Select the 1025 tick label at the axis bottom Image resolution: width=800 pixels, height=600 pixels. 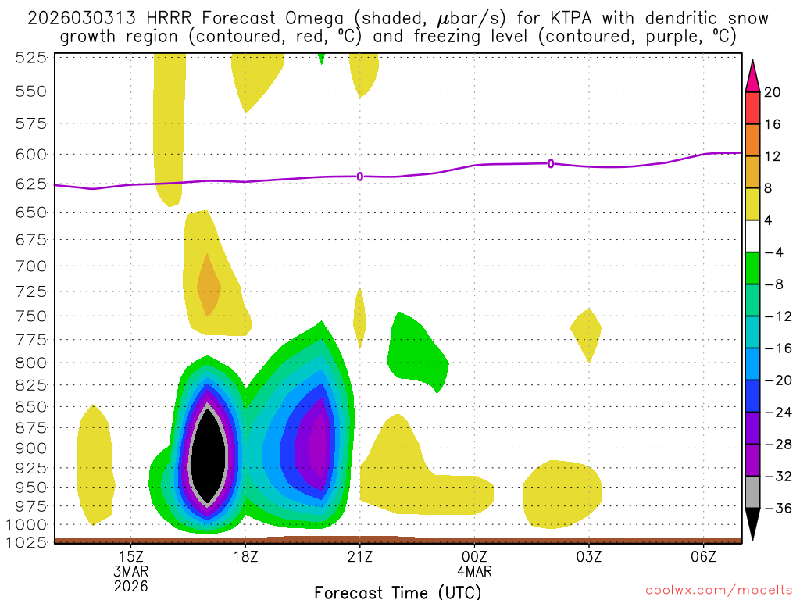[x=32, y=541]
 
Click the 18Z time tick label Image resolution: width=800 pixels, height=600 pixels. [x=245, y=556]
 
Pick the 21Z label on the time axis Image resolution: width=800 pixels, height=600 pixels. [x=360, y=556]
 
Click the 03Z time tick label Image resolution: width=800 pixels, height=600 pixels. [x=589, y=556]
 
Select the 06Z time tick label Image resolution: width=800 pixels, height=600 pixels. [x=704, y=556]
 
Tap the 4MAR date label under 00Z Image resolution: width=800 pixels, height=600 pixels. [x=475, y=570]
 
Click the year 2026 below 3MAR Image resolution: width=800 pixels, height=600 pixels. [x=130, y=584]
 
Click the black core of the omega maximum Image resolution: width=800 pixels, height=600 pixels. [x=208, y=453]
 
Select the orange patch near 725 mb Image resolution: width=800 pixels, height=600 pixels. [x=208, y=286]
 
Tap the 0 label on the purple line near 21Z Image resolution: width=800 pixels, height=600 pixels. [x=360, y=177]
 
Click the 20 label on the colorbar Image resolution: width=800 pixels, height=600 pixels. [x=773, y=92]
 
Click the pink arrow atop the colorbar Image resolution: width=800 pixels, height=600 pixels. [x=753, y=75]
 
